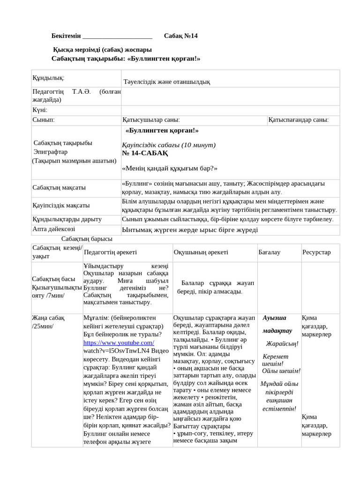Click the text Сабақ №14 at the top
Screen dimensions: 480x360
point(181,37)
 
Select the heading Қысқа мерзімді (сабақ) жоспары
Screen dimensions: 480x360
point(102,50)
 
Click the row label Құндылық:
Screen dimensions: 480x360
point(48,77)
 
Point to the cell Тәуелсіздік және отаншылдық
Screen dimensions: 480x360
point(166,82)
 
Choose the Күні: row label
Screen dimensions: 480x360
point(40,110)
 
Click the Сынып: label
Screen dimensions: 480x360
point(44,120)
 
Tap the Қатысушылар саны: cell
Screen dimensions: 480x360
point(151,120)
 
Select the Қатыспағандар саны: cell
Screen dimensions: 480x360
point(299,120)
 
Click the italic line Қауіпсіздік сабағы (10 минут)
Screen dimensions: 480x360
point(169,145)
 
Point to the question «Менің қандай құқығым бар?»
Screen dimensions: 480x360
point(170,168)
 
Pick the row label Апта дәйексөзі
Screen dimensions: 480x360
point(54,229)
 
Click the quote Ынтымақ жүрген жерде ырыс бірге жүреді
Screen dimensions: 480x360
point(190,230)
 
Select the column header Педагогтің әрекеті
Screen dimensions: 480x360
point(110,252)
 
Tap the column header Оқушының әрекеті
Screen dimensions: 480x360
point(201,252)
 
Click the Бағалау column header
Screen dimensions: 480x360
point(270,252)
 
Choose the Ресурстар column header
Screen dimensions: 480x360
point(316,252)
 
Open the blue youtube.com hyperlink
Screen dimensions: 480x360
point(119,343)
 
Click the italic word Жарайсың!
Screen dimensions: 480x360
point(282,344)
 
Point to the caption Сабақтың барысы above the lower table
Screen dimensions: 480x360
point(87,239)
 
